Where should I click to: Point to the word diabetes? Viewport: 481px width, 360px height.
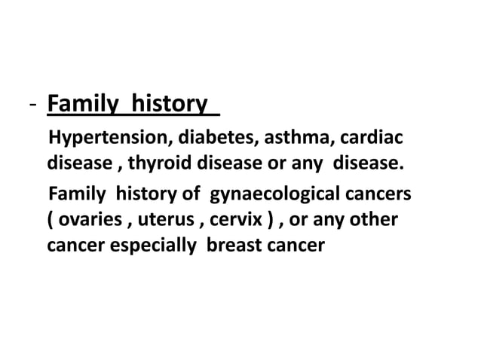(206, 139)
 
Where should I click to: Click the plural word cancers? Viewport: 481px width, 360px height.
(384, 195)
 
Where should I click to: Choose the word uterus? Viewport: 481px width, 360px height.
(162, 221)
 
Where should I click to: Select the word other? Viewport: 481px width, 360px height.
(376, 221)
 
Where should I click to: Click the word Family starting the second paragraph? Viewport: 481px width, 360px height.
(78, 195)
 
